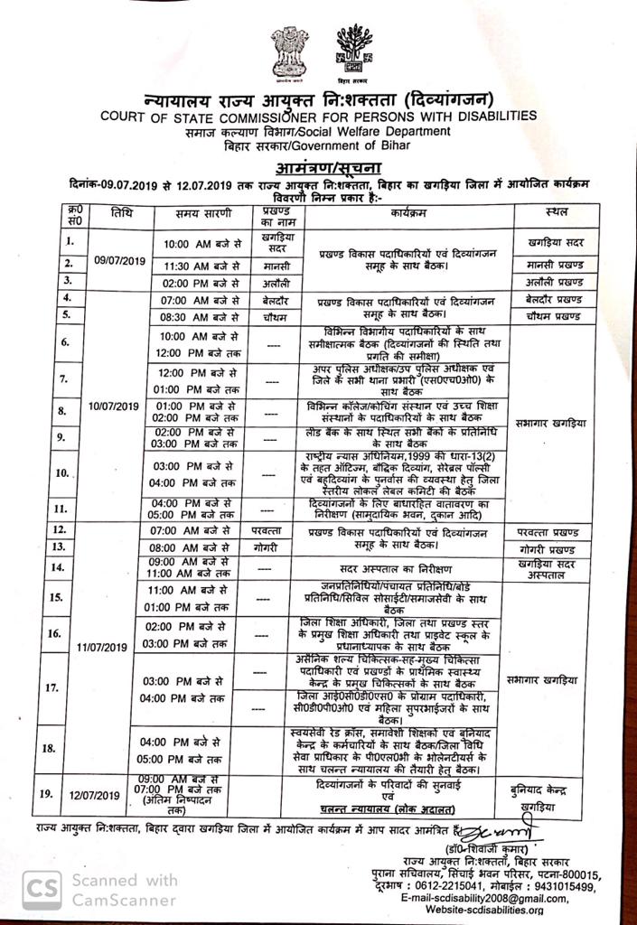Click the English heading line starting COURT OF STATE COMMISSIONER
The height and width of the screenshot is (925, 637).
point(318,116)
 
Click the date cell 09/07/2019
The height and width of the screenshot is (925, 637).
point(119,261)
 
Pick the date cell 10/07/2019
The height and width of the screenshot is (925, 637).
point(115,406)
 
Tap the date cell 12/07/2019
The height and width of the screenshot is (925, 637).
point(94,795)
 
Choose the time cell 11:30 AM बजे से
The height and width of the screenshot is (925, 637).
point(201,265)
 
